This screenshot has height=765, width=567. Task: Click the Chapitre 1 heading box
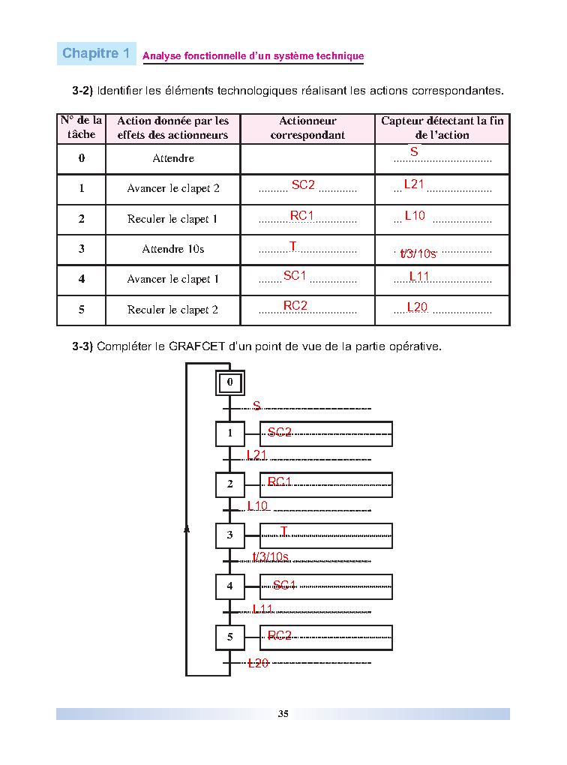tap(97, 53)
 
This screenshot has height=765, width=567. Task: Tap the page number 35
tap(283, 714)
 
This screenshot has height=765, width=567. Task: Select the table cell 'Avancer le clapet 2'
tap(173, 189)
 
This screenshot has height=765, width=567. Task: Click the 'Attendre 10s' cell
tap(173, 249)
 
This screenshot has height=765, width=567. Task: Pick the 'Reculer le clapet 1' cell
tap(173, 219)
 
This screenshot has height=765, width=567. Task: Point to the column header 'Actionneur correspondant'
tap(307, 128)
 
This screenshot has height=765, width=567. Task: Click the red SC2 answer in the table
tap(303, 184)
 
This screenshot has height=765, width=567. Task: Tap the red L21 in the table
tap(414, 184)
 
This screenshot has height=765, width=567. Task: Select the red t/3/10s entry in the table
tap(418, 253)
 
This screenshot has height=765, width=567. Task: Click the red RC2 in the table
tap(295, 305)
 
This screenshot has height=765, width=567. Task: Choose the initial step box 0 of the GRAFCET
tap(230, 382)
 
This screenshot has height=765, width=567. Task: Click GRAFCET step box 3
tap(230, 535)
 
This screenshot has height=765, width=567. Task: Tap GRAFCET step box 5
tap(230, 637)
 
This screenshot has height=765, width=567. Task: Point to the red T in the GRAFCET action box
tap(284, 531)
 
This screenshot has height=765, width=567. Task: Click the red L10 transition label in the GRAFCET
tap(258, 506)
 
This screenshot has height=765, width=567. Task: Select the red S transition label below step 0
tap(256, 406)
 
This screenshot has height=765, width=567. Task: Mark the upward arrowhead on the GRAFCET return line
tap(187, 529)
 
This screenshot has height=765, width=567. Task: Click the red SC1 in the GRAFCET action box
tap(285, 585)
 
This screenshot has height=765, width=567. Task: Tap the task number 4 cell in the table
tap(81, 279)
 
